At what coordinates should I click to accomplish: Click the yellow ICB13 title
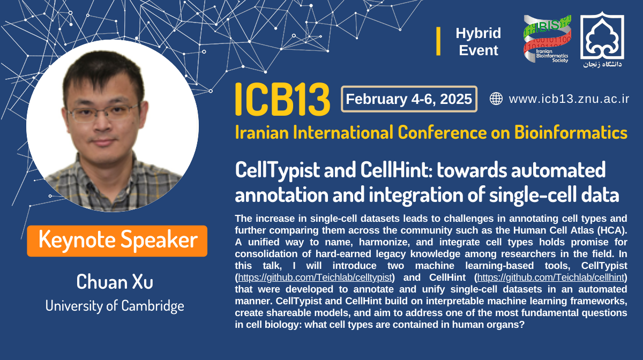click(282, 99)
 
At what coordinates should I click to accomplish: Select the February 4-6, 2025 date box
click(409, 99)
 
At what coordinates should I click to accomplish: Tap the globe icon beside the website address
click(496, 99)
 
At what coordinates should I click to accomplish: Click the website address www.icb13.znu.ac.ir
click(569, 99)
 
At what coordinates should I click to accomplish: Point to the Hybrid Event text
click(478, 42)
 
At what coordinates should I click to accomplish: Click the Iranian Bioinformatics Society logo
click(547, 39)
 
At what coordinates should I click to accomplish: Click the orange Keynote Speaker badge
click(117, 241)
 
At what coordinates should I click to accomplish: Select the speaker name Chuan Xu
click(115, 282)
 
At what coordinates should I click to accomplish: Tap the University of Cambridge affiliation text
click(115, 306)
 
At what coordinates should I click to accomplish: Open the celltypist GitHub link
click(315, 277)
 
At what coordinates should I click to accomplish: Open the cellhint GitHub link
click(551, 277)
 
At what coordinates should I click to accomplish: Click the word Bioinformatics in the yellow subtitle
click(571, 133)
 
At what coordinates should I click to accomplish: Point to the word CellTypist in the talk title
click(278, 170)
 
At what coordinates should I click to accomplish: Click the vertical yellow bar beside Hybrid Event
click(438, 41)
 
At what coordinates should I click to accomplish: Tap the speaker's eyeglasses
click(103, 112)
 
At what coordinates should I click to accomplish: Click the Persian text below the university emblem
click(602, 64)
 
